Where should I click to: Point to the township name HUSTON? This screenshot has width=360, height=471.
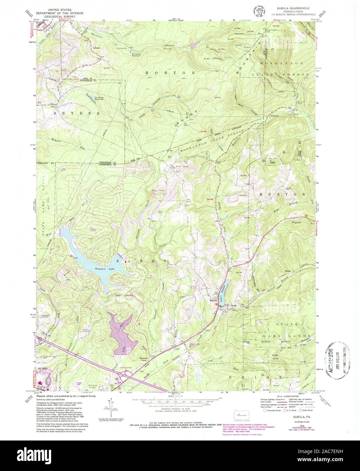coord(282,194)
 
